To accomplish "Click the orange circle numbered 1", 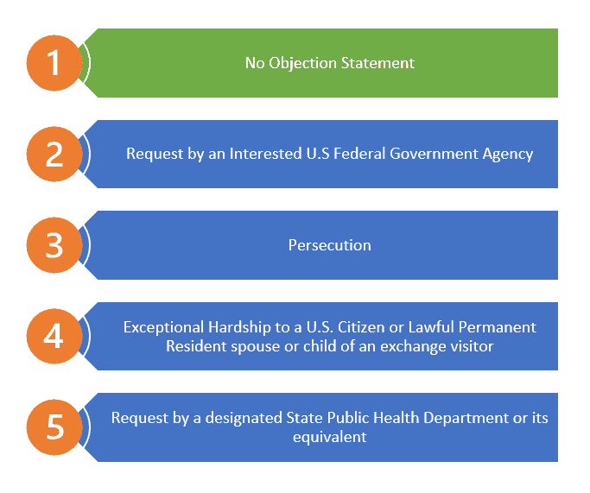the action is click(x=54, y=63).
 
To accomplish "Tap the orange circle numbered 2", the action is click(x=54, y=155).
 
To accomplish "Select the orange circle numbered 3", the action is click(x=54, y=245).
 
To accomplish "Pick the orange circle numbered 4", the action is click(x=54, y=336).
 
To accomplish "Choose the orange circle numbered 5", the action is click(x=54, y=427).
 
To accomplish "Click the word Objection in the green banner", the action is click(x=302, y=64).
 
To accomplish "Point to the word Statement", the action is click(x=377, y=63).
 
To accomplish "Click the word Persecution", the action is click(x=330, y=245).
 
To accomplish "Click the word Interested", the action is click(x=266, y=154).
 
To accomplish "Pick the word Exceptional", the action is click(x=163, y=328).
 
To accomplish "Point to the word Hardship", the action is click(x=239, y=328).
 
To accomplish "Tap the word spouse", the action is click(x=256, y=347).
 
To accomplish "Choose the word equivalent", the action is click(x=330, y=438).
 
